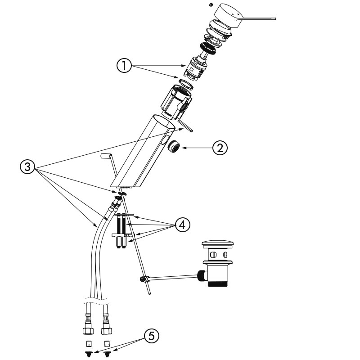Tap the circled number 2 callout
click(x=220, y=148)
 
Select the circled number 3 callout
click(x=28, y=167)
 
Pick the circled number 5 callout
click(x=152, y=336)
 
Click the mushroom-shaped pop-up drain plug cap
click(x=219, y=246)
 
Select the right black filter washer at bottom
click(x=107, y=354)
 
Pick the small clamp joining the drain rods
click(x=144, y=279)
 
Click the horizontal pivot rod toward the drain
click(x=173, y=275)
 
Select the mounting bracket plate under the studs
click(x=122, y=235)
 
